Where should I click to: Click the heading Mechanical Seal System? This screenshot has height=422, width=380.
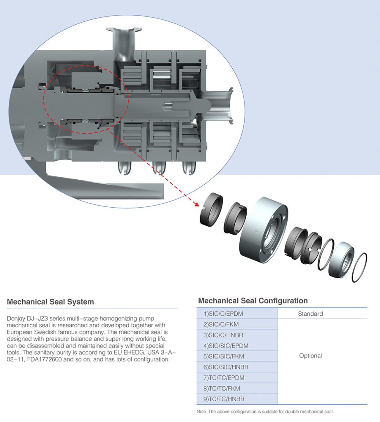coord(50,302)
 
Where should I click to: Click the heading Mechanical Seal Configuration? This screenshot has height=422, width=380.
coord(253,300)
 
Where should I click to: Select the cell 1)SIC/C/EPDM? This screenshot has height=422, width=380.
coord(223,314)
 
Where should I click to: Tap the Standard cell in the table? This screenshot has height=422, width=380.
coord(310,314)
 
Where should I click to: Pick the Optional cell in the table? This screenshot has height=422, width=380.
coord(310,356)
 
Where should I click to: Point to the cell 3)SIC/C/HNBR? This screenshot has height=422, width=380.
coord(223,335)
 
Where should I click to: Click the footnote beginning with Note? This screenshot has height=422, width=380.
coord(265,411)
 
